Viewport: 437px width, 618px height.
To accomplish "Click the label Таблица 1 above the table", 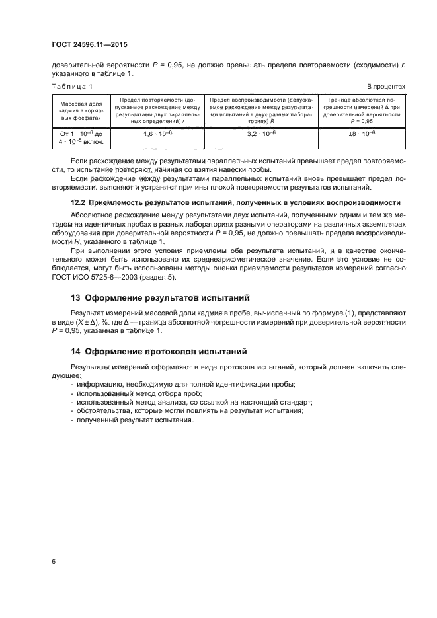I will pos(72,87).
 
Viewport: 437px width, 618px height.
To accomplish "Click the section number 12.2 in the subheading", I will pos(78,202).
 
